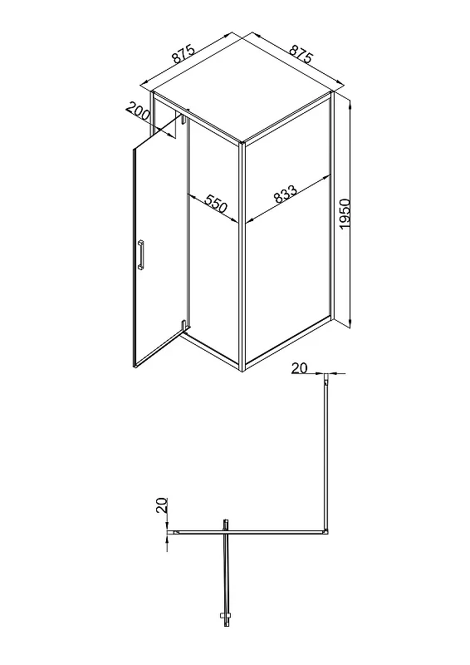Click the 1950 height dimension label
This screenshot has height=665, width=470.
pyautogui.click(x=345, y=214)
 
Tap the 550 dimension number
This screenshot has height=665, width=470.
pyautogui.click(x=216, y=204)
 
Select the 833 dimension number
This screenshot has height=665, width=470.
pyautogui.click(x=285, y=194)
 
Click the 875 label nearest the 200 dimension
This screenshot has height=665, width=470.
pyautogui.click(x=183, y=54)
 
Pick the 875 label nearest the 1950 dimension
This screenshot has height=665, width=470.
pyautogui.click(x=301, y=53)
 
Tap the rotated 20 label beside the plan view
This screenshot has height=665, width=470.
pyautogui.click(x=161, y=505)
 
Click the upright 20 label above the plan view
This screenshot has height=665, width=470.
pyautogui.click(x=299, y=367)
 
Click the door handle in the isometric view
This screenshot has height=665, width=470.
pyautogui.click(x=140, y=254)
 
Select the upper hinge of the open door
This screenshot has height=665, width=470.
pyautogui.click(x=184, y=117)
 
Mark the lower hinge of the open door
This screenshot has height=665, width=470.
pyautogui.click(x=183, y=328)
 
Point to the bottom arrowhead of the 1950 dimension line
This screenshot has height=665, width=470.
pyautogui.click(x=350, y=323)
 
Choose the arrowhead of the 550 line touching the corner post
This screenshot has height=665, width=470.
pyautogui.click(x=234, y=219)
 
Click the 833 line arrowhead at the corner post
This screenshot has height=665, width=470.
pyautogui.click(x=249, y=219)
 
